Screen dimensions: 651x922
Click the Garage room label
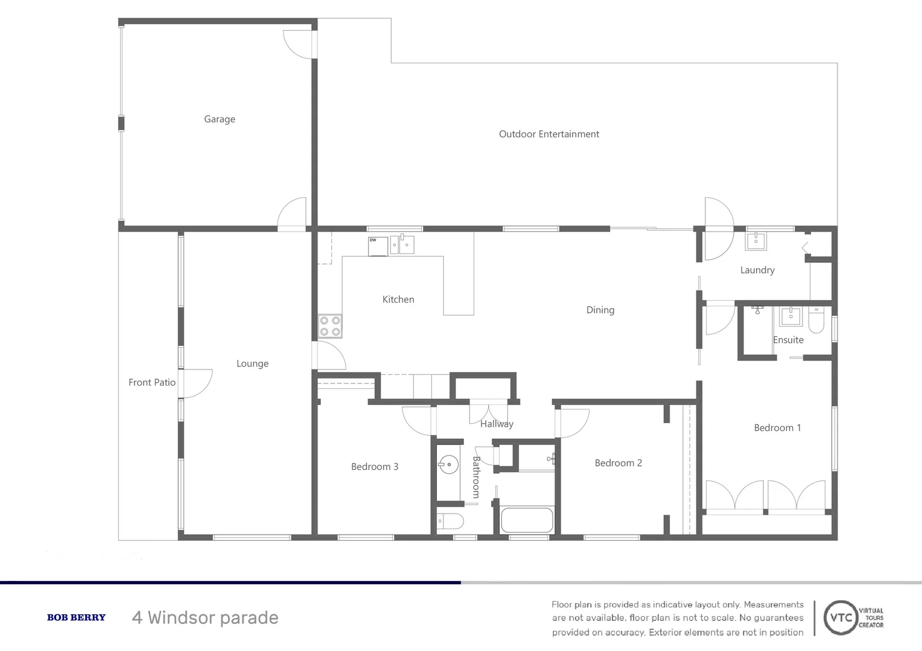coord(220,119)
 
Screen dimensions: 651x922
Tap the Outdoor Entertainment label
coord(548,134)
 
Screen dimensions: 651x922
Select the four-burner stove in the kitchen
coord(330,326)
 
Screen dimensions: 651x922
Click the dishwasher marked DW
coord(378,246)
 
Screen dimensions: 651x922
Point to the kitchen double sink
coord(402,245)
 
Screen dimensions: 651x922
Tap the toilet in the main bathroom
coord(450,521)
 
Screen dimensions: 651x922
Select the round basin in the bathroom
coord(448,465)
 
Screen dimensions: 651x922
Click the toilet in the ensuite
coord(816,320)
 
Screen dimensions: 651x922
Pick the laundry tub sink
coord(756,241)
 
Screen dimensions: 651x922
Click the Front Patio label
coord(152,382)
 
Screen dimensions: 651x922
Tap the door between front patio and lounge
coord(196,383)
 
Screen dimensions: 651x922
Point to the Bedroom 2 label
coord(618,463)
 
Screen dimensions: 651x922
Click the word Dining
coord(600,310)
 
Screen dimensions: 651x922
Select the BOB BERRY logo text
coord(76,617)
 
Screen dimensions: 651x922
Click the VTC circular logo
coord(841,618)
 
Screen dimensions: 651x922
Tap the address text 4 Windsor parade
coord(205,618)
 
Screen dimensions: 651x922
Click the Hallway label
coord(497,424)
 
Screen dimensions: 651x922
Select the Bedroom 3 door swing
coord(418,421)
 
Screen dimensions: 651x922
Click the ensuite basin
coord(790,316)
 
